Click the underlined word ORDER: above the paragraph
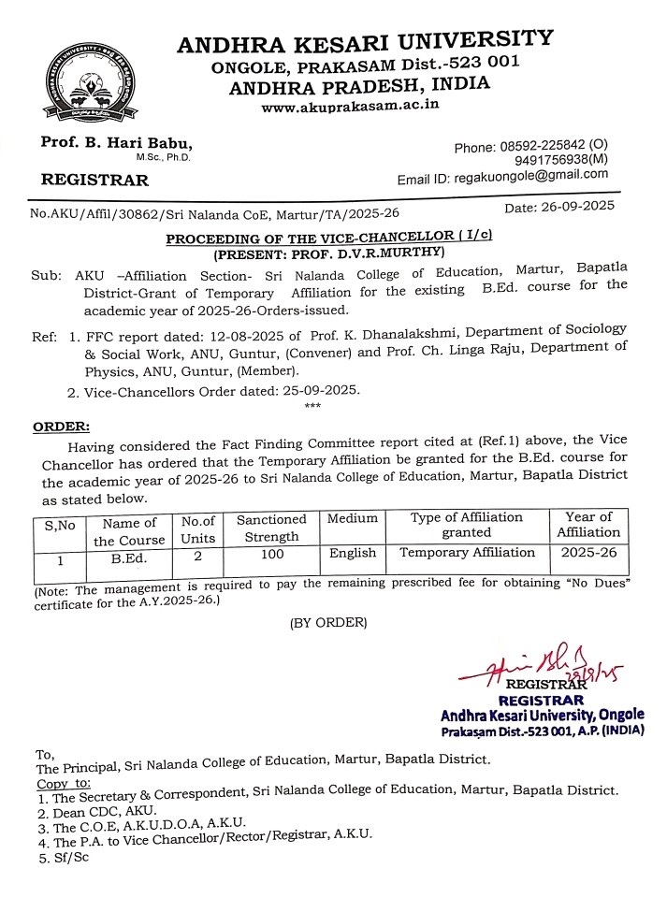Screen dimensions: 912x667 click(x=62, y=427)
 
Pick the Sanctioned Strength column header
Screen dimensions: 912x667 click(x=271, y=528)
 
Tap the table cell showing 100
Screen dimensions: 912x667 click(x=270, y=554)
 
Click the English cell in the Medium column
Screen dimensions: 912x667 click(x=353, y=553)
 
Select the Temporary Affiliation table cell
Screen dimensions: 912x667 click(x=467, y=553)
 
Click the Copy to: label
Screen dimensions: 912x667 click(x=64, y=783)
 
